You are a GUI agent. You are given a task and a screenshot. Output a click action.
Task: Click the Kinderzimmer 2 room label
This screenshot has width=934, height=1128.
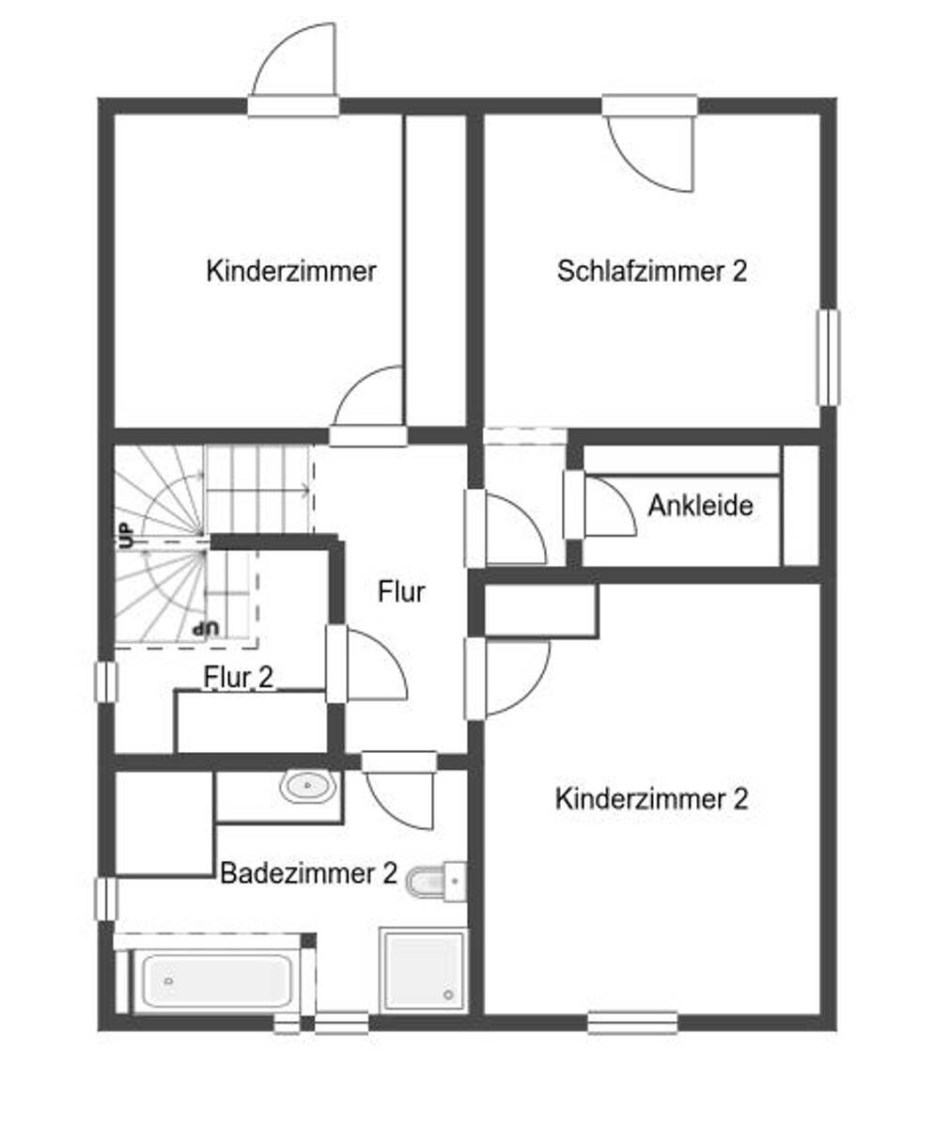651,799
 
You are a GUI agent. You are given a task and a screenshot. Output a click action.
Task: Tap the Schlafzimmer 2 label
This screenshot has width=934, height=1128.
652,271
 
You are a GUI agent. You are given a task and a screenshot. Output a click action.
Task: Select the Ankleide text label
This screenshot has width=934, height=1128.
700,506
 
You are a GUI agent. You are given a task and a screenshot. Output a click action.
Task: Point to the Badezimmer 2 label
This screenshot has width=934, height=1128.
308,872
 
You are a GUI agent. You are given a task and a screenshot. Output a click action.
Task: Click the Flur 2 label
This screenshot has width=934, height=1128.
239,678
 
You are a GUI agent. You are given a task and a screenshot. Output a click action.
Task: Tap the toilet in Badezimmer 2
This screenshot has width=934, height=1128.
435,882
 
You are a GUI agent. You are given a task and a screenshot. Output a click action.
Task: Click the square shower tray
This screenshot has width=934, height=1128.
423,971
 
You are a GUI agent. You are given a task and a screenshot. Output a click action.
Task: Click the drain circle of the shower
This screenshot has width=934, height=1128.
448,995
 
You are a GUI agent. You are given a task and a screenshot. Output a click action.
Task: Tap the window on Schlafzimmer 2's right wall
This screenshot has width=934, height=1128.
828,357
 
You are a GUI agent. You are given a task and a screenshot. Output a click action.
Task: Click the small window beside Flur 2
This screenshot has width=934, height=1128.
105,681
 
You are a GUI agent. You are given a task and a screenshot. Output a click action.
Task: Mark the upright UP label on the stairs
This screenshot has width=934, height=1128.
126,536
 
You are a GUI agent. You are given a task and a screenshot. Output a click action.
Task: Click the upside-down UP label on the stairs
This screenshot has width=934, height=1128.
207,628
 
